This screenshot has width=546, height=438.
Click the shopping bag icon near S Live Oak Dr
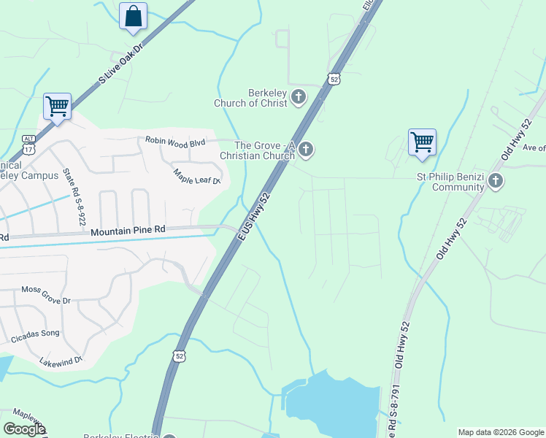(133, 16)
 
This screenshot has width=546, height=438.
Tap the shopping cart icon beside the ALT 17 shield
(57, 107)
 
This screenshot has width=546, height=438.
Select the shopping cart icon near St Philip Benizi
(422, 142)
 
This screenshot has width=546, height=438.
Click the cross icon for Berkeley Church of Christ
(299, 96)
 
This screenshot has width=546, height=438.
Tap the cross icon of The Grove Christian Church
(307, 150)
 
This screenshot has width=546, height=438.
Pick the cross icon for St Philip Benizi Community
(496, 181)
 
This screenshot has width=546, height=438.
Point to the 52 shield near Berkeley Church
(334, 79)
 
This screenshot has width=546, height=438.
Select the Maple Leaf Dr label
(196, 176)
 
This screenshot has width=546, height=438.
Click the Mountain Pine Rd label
(128, 231)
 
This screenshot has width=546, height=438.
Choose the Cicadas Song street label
(35, 336)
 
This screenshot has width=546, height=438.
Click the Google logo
(24, 429)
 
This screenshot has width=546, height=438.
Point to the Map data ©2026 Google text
(500, 432)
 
